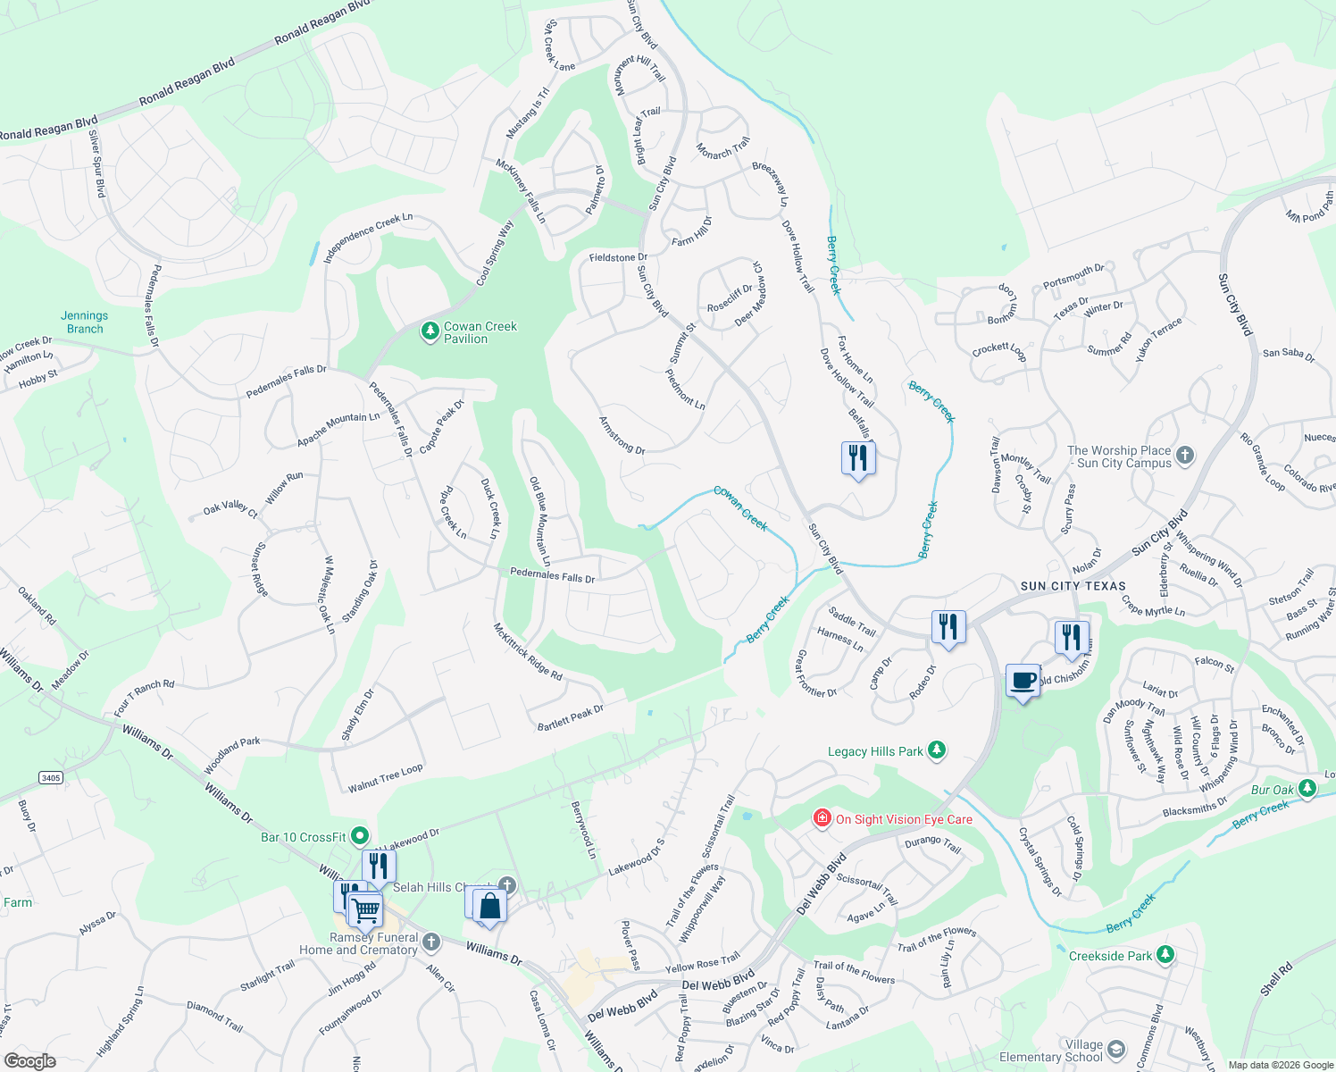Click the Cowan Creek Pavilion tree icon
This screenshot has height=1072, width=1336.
pyautogui.click(x=430, y=332)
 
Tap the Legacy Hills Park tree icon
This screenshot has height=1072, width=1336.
pyautogui.click(x=936, y=750)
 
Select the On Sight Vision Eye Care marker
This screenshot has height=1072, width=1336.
pyautogui.click(x=822, y=818)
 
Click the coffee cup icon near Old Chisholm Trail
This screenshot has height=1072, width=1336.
pyautogui.click(x=1023, y=681)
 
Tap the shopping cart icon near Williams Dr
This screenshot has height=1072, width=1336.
pyautogui.click(x=364, y=910)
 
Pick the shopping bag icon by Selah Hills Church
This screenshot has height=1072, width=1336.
pyautogui.click(x=489, y=906)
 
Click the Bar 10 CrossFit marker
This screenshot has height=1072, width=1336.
pyautogui.click(x=360, y=836)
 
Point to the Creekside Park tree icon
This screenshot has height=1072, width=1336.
pyautogui.click(x=1165, y=955)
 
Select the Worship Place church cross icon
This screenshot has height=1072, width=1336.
pyautogui.click(x=1184, y=456)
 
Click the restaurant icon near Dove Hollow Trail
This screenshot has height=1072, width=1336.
pyautogui.click(x=858, y=458)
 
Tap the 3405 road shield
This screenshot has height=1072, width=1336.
pyautogui.click(x=51, y=777)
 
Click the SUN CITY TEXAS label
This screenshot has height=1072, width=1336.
pyautogui.click(x=1073, y=586)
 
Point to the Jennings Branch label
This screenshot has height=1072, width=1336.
pyautogui.click(x=85, y=322)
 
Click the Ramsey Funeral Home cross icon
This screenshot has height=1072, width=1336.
pyautogui.click(x=430, y=942)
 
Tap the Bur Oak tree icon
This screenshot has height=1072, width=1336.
pyautogui.click(x=1307, y=789)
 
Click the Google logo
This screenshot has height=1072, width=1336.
pyautogui.click(x=29, y=1060)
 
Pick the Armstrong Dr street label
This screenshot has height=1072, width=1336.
pyautogui.click(x=622, y=435)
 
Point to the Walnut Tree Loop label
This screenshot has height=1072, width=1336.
pyautogui.click(x=386, y=778)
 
